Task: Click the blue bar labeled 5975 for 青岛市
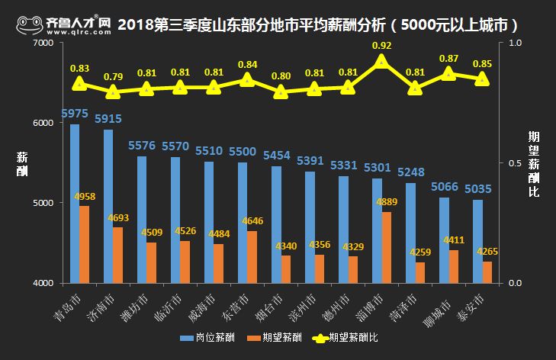point(75,203)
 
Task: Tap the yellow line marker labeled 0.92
point(381,62)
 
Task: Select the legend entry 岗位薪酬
point(207,336)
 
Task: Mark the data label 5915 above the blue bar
point(108,119)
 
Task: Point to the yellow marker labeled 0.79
point(113,92)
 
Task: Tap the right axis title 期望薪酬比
point(534,163)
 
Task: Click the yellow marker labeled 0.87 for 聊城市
point(448,74)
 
